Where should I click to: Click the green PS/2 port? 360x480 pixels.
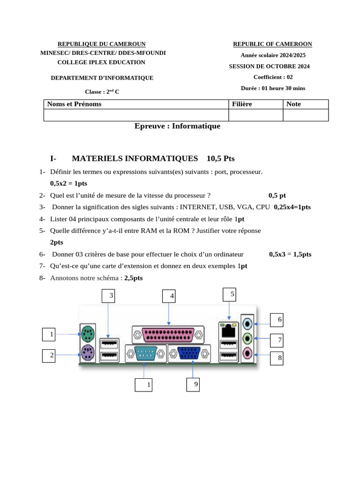(87, 334)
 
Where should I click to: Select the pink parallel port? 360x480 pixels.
(168, 335)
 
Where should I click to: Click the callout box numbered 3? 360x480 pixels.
(111, 296)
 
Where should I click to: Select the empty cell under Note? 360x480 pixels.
(306, 115)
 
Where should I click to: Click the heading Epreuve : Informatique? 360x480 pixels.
(177, 126)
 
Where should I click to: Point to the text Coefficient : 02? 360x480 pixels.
(273, 77)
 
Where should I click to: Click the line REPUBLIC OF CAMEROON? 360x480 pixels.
(272, 44)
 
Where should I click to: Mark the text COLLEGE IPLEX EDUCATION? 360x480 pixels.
(101, 62)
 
